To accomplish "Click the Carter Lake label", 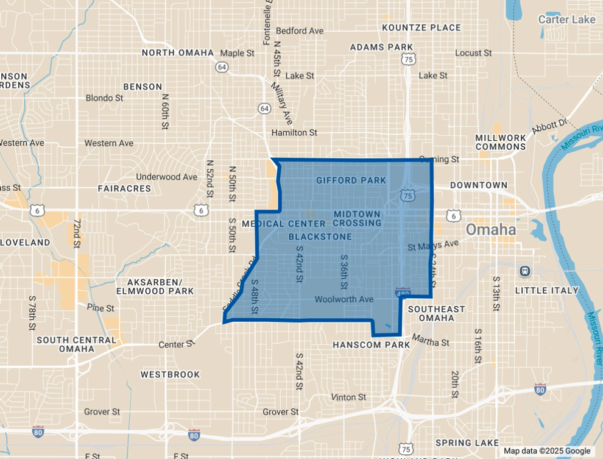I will point(566,20).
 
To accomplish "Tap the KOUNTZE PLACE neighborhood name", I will point(421,28).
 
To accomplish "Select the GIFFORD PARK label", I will point(351,180).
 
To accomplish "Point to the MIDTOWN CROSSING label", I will point(357,218).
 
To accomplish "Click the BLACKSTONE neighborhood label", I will point(320,237).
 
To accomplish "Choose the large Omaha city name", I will point(491,230).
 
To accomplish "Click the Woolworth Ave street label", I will point(344,299).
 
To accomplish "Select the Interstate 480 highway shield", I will point(402,293).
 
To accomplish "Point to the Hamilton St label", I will point(294,132).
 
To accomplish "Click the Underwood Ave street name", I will point(166,177).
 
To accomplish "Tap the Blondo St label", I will point(104,98).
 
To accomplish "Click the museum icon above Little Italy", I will point(524,271).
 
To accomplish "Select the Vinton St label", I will point(348,397).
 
